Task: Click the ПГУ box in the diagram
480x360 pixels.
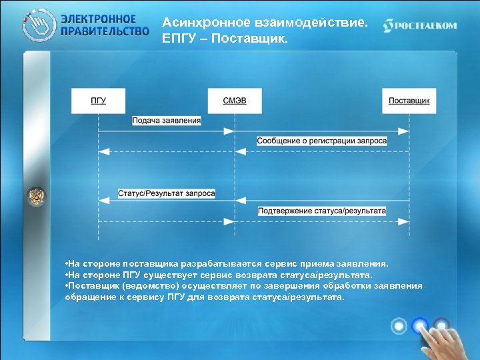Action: coord(99,101)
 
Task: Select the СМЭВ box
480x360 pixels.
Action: coord(233,101)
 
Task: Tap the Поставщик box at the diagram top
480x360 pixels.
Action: coord(409,101)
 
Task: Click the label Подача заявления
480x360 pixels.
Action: coord(166,121)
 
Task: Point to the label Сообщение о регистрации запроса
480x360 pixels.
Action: coord(322,141)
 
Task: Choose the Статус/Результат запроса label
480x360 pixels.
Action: coord(167,193)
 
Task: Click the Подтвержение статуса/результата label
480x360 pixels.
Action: coord(322,211)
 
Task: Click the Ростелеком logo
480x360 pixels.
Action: coord(420,25)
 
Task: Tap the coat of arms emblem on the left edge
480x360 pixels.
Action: coord(35,196)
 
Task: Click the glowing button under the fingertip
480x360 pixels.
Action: coord(420,325)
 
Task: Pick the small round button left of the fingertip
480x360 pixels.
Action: coord(399,326)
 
